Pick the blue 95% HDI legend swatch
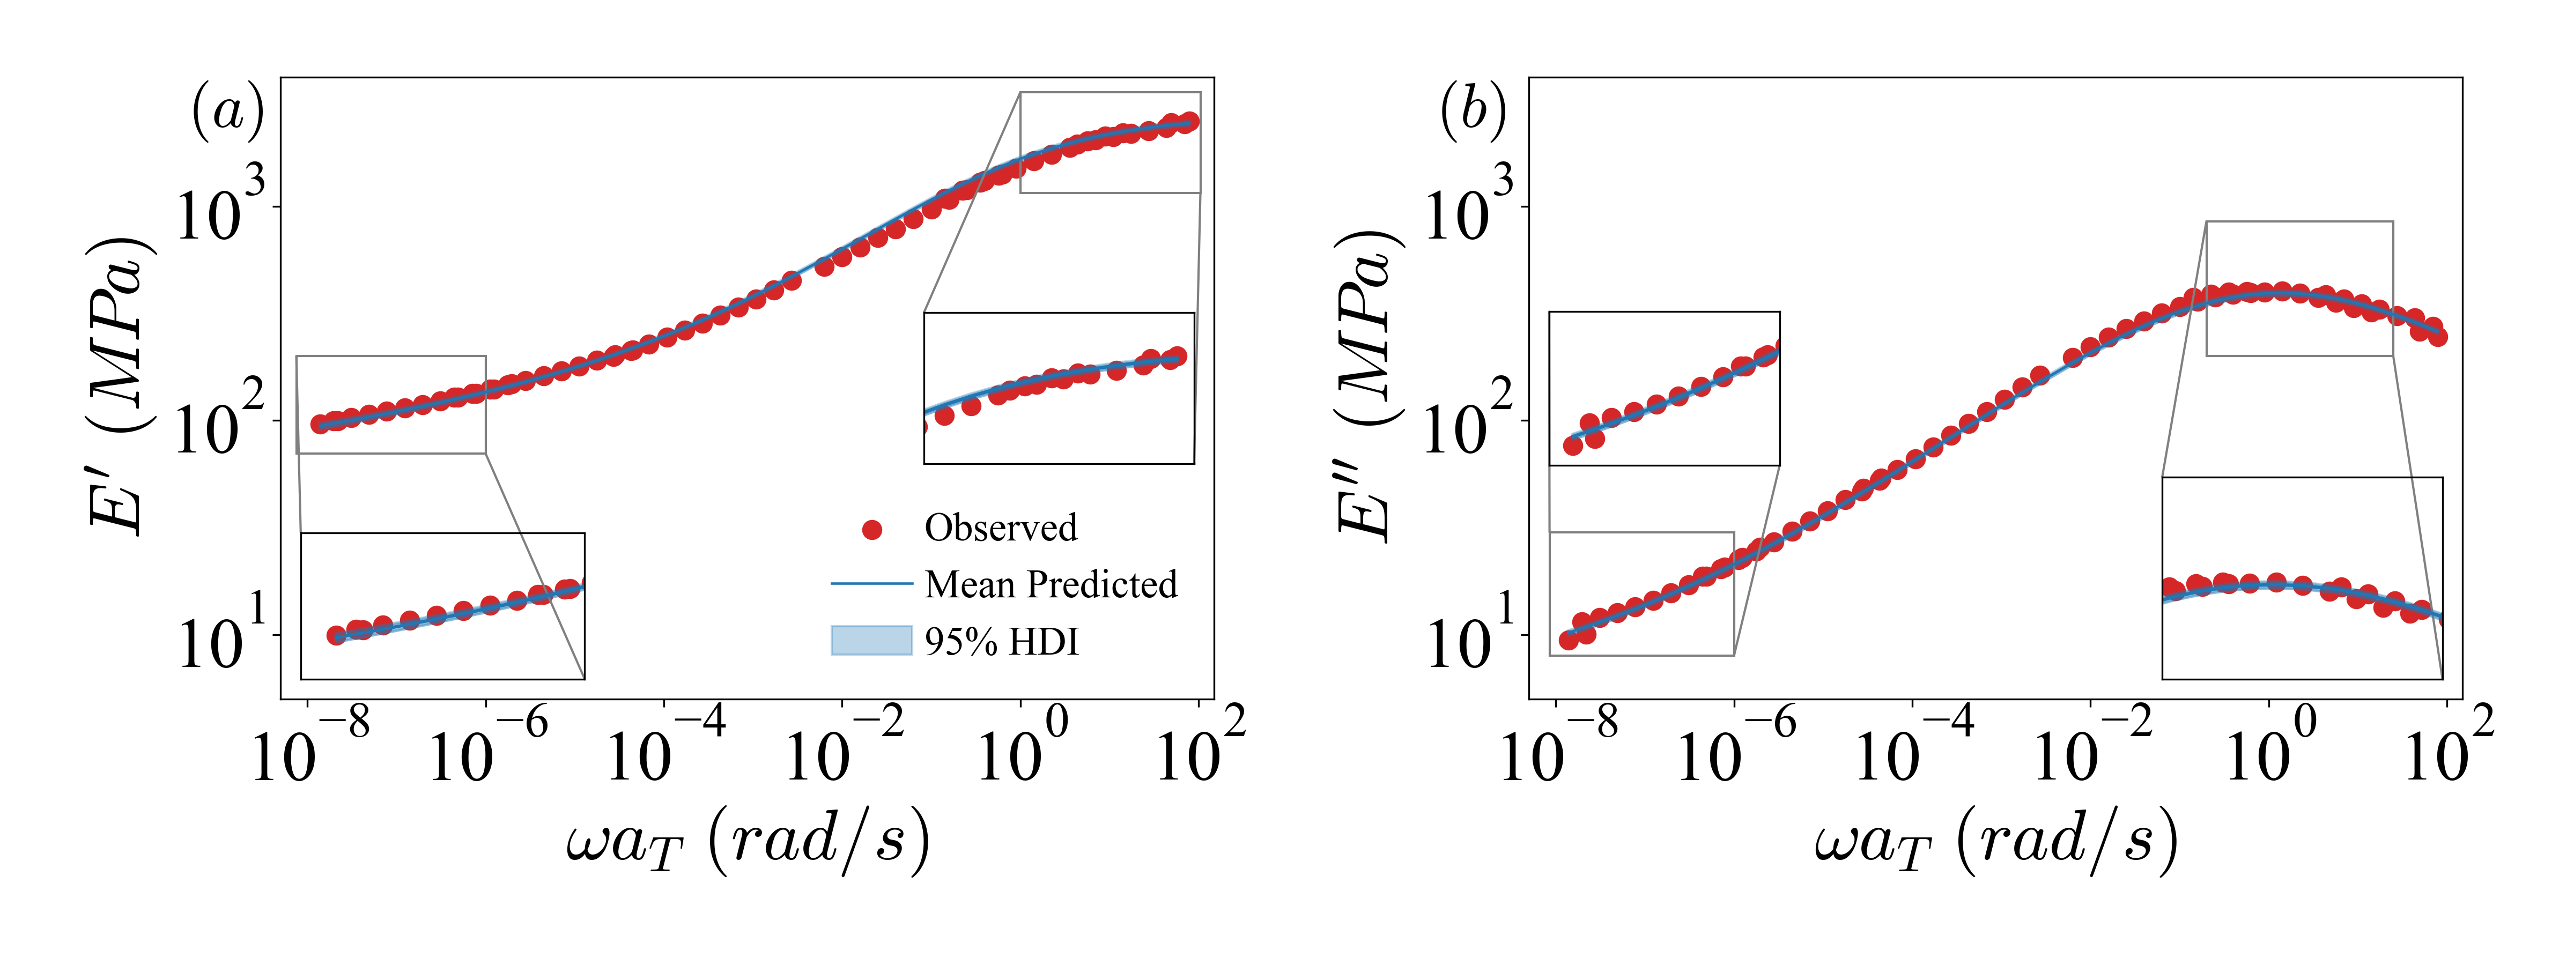point(871,640)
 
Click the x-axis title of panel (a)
point(748,841)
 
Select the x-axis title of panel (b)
point(1995,841)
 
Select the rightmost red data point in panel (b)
point(2438,337)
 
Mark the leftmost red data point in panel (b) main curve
point(1569,640)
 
